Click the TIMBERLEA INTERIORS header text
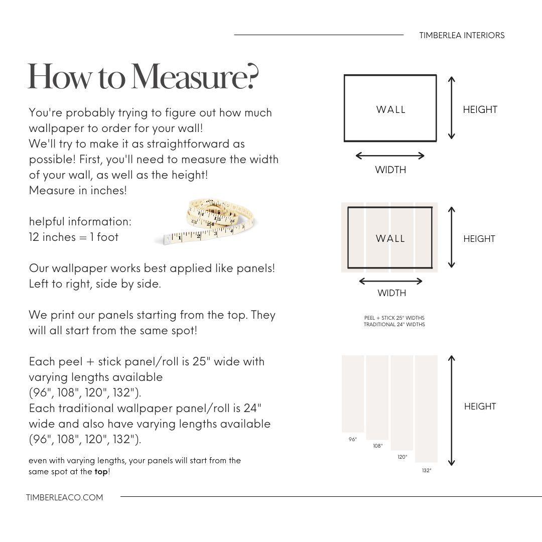coord(462,35)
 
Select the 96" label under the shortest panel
coord(353,440)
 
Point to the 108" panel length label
coord(377,446)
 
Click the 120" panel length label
coord(402,457)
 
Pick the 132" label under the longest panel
coord(427,471)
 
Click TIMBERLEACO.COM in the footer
coord(65,497)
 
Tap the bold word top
coord(101,472)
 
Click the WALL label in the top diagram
coord(391,109)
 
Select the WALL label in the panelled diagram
coord(390,239)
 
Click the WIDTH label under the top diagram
coord(390,170)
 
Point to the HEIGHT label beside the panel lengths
coord(480,406)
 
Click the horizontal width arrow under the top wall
coord(390,156)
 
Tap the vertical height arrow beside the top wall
coord(451,108)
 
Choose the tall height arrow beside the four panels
coord(452,411)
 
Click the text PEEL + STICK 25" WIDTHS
coord(394,318)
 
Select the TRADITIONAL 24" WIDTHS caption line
coord(394,325)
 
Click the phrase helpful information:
coord(80,221)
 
